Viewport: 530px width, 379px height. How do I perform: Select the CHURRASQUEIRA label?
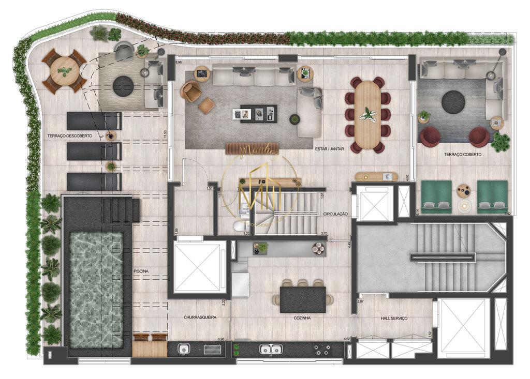200,317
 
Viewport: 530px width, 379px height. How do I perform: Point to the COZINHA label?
302,318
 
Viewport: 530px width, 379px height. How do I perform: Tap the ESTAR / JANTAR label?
328,148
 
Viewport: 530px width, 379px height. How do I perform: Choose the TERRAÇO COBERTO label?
462,154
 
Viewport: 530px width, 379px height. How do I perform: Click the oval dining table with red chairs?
368,114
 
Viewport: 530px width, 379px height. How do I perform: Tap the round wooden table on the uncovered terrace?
65,70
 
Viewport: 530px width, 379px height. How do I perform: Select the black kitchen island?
303,299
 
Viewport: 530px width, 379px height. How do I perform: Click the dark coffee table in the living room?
258,113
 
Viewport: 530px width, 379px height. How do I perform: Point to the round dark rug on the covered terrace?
452,101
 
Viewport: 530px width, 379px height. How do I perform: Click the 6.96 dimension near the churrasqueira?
220,339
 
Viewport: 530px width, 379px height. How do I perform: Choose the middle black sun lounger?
94,151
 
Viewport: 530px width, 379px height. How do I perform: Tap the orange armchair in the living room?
191,92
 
